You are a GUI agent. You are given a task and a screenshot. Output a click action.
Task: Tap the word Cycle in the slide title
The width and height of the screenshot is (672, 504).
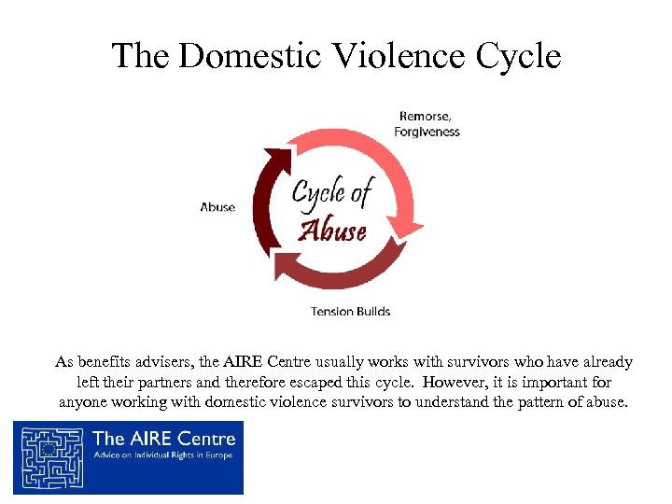click(x=518, y=56)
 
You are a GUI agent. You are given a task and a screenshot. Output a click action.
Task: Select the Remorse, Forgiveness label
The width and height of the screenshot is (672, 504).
click(x=427, y=124)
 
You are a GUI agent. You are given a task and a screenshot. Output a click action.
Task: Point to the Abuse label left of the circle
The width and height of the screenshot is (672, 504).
click(x=217, y=207)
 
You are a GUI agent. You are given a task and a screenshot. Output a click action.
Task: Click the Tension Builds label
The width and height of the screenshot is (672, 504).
click(x=350, y=311)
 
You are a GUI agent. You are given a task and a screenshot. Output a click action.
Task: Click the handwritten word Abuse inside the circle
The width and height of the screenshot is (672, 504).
click(x=332, y=230)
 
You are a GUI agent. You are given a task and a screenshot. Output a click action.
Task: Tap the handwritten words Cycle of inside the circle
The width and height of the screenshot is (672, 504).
click(x=331, y=194)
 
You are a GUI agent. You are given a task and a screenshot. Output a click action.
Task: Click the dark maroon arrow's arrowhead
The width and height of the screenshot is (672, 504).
click(x=275, y=158)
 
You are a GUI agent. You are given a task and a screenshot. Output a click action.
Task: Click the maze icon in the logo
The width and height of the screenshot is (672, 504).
click(x=50, y=457)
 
